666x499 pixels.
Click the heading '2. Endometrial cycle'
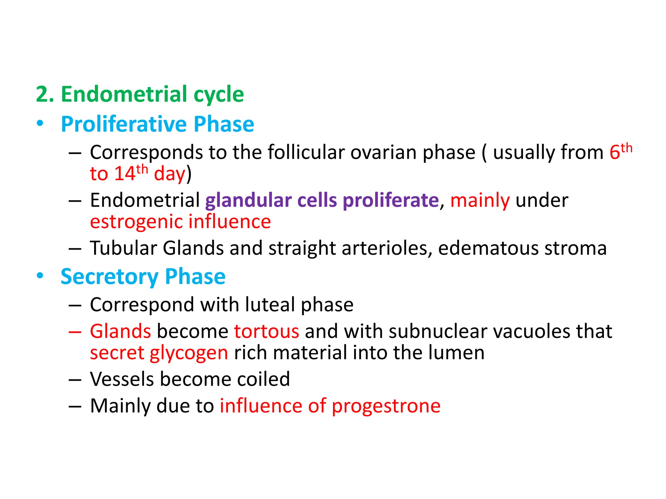click(140, 94)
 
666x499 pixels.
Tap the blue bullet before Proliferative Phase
click(40, 123)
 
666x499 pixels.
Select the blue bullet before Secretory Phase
click(40, 276)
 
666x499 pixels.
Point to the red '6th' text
click(620, 151)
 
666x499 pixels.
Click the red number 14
click(125, 173)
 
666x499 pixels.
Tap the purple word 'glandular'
click(248, 200)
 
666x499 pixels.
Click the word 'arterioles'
click(387, 248)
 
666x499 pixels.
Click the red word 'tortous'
click(266, 331)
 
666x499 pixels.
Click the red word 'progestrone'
click(386, 406)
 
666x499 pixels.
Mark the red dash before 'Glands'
click(75, 332)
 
